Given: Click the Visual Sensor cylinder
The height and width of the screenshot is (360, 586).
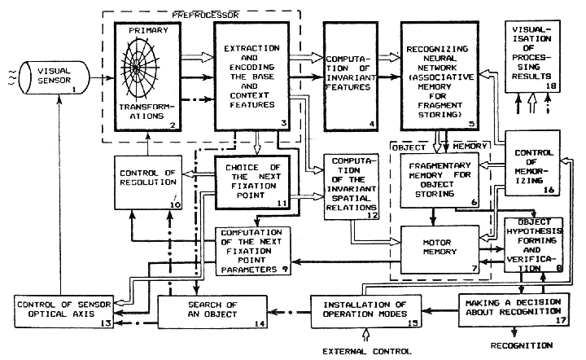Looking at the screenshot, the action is pos(55,77).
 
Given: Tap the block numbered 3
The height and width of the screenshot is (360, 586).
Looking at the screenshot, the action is pos(251,77).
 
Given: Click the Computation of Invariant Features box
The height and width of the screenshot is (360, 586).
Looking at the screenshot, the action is pos(350,77).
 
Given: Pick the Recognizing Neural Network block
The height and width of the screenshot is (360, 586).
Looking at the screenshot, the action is pos(439,77).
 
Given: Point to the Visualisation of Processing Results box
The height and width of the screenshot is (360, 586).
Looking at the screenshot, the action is pos(532,56).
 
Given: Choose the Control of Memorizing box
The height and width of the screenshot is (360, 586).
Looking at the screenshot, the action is pos(532,163).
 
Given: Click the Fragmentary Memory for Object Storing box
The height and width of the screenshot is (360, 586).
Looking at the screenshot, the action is pos(439,180).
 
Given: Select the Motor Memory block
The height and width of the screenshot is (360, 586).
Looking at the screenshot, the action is pos(439,249).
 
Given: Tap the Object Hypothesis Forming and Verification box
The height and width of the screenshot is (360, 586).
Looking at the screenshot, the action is pos(534,245).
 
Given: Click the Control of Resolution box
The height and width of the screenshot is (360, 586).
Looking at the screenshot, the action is pos(148,182).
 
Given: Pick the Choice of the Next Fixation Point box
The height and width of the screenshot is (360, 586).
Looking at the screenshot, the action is pos(252,182).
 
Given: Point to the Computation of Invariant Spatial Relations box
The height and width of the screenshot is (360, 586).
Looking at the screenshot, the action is pos(352,187).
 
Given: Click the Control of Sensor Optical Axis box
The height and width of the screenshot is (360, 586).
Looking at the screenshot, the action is pos(64,311).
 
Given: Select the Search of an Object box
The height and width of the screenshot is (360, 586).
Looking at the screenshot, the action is pos(212,312).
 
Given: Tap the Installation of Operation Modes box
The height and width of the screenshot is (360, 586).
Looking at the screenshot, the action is pos(366,311).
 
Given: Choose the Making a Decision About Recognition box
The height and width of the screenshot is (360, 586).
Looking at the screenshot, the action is pos(514,310).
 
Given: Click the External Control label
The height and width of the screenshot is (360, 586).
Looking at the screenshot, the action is pos(366,351).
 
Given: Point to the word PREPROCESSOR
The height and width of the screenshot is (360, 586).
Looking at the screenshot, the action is pos(205,15).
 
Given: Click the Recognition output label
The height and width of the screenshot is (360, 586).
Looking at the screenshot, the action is pos(522,345).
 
